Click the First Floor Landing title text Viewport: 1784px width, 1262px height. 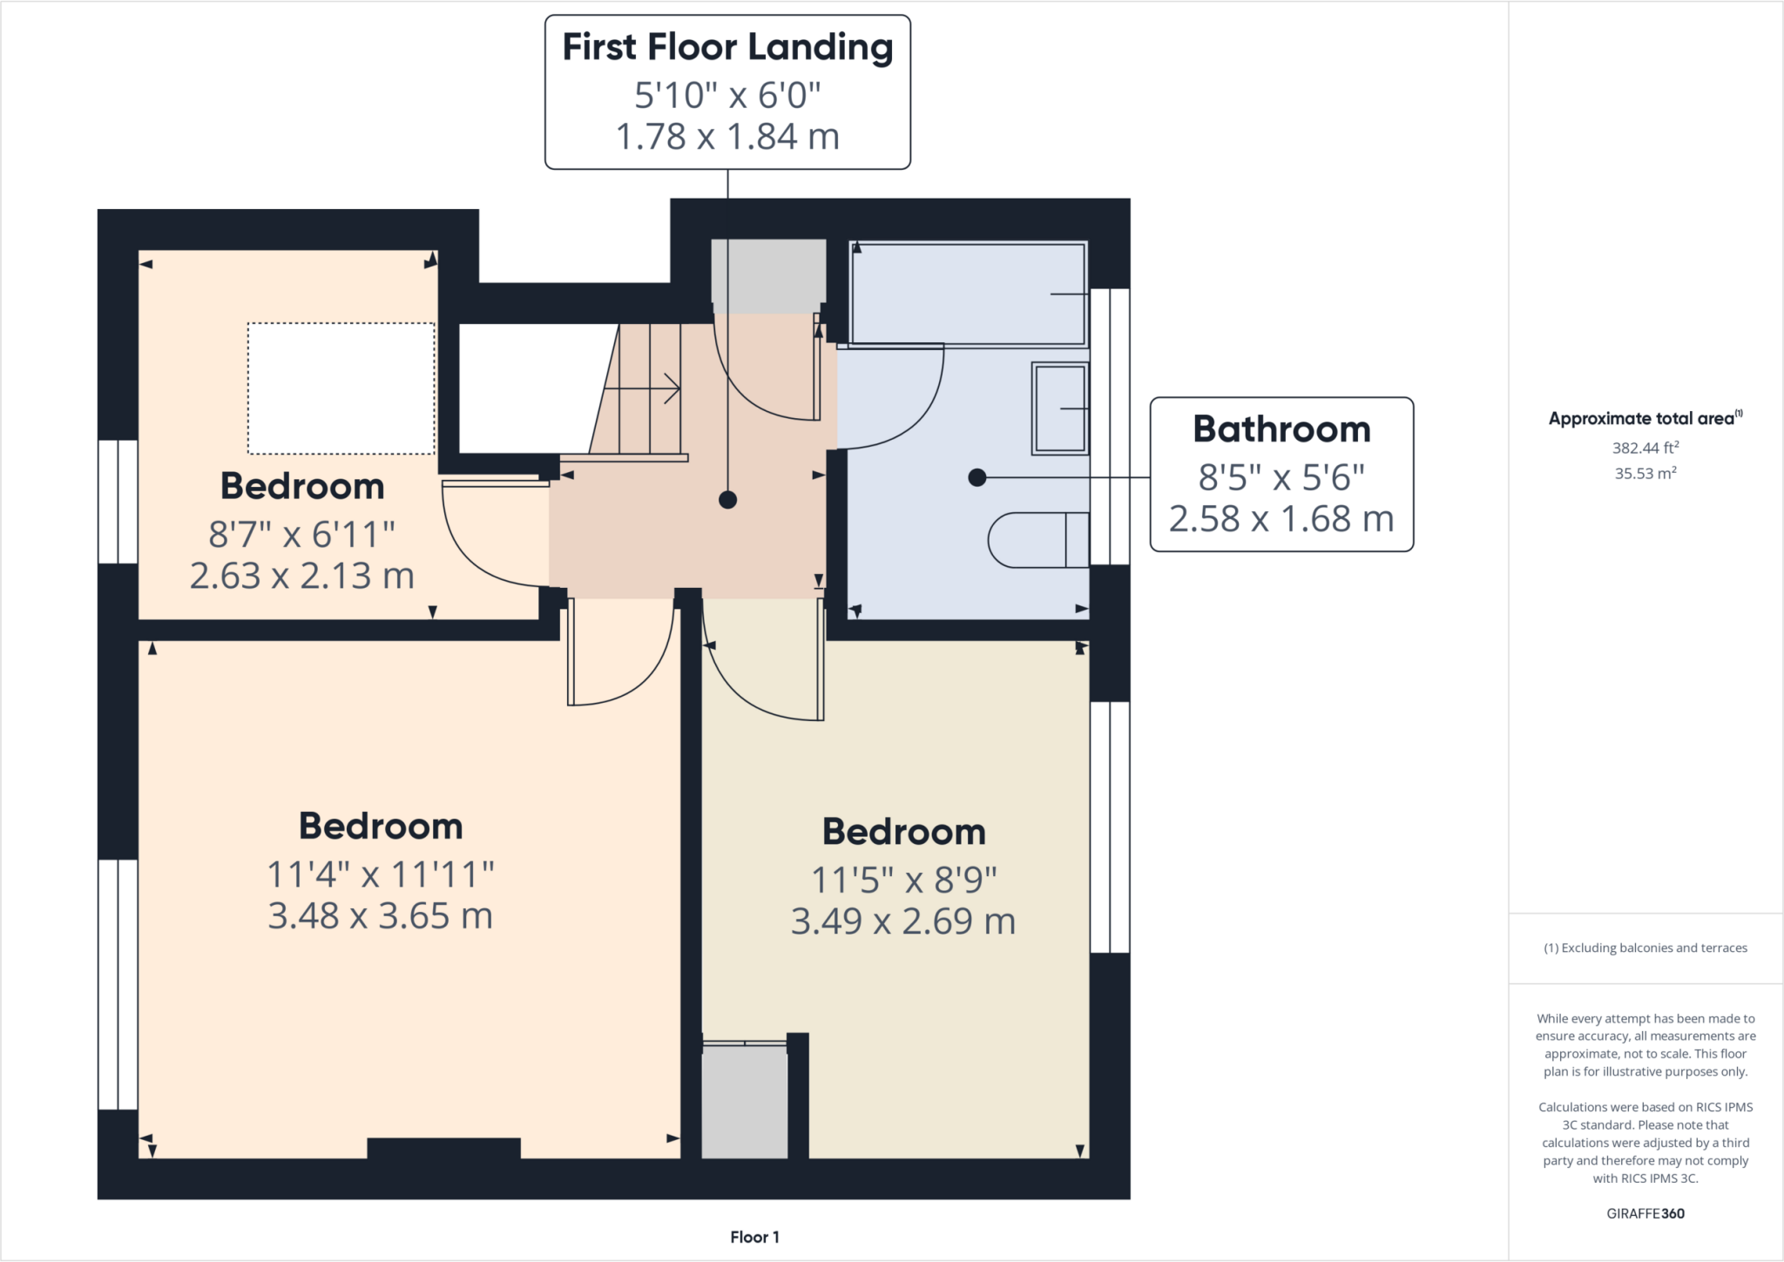tap(727, 47)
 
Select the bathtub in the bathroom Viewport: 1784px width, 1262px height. tap(968, 294)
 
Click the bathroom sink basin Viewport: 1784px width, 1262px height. tap(1060, 408)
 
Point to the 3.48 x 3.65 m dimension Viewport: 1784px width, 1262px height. tap(380, 916)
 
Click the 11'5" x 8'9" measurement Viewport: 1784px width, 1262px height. tap(903, 881)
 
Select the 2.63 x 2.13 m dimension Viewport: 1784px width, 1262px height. tap(301, 577)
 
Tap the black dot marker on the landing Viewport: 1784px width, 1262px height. tap(727, 500)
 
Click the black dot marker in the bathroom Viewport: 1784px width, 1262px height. tap(976, 477)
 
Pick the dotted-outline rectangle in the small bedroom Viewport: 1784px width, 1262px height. tap(341, 388)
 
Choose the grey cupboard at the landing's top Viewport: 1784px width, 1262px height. tap(768, 274)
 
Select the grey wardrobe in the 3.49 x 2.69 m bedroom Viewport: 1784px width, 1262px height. tap(744, 1102)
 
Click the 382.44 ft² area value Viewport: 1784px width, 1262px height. tap(1645, 448)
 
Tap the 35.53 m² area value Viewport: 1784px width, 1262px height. tap(1645, 474)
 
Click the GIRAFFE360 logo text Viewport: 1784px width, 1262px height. tap(1645, 1213)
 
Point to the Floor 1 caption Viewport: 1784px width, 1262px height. tap(754, 1237)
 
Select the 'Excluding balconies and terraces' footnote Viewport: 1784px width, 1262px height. tap(1645, 948)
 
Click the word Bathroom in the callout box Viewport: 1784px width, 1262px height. tap(1281, 429)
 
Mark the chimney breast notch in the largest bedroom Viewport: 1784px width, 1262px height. tap(443, 1148)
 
